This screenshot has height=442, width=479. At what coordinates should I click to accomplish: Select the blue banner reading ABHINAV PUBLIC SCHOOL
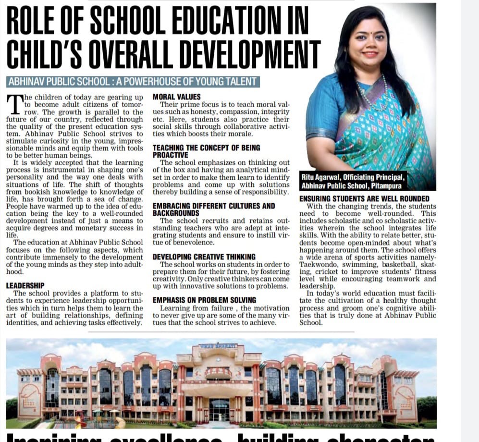133,82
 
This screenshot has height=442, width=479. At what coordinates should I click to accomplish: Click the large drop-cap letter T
14,103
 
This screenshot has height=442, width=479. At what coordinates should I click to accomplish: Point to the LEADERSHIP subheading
25,285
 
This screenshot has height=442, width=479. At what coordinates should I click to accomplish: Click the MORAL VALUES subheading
176,97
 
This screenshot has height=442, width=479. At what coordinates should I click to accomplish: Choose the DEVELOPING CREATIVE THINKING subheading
204,257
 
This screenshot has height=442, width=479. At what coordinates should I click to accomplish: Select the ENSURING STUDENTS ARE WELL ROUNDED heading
364,199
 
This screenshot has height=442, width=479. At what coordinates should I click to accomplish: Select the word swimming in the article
353,264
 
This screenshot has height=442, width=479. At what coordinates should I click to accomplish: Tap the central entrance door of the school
219,411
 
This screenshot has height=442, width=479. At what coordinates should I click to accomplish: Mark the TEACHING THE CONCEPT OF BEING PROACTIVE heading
206,151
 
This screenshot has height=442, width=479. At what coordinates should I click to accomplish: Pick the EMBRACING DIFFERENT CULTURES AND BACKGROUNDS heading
213,209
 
